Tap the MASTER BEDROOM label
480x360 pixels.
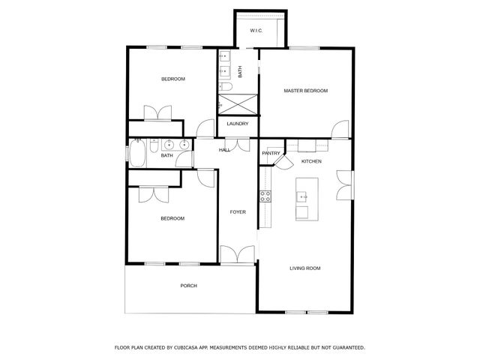305,91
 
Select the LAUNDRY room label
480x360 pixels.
237,124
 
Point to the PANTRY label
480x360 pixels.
271,153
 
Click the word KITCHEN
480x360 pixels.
311,161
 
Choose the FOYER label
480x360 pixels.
238,212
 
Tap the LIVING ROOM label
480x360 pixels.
305,268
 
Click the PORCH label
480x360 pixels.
188,286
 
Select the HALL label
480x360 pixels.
224,150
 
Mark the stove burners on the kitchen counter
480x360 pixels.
265,196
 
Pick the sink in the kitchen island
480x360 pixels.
302,197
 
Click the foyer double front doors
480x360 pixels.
238,254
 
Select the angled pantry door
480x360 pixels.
282,163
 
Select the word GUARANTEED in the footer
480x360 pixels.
345,348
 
